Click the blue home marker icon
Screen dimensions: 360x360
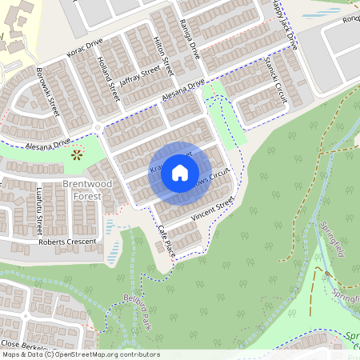click(180, 172)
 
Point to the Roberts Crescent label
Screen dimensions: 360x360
click(67, 241)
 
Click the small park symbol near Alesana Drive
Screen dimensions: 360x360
click(77, 154)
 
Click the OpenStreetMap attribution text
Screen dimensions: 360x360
click(81, 354)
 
